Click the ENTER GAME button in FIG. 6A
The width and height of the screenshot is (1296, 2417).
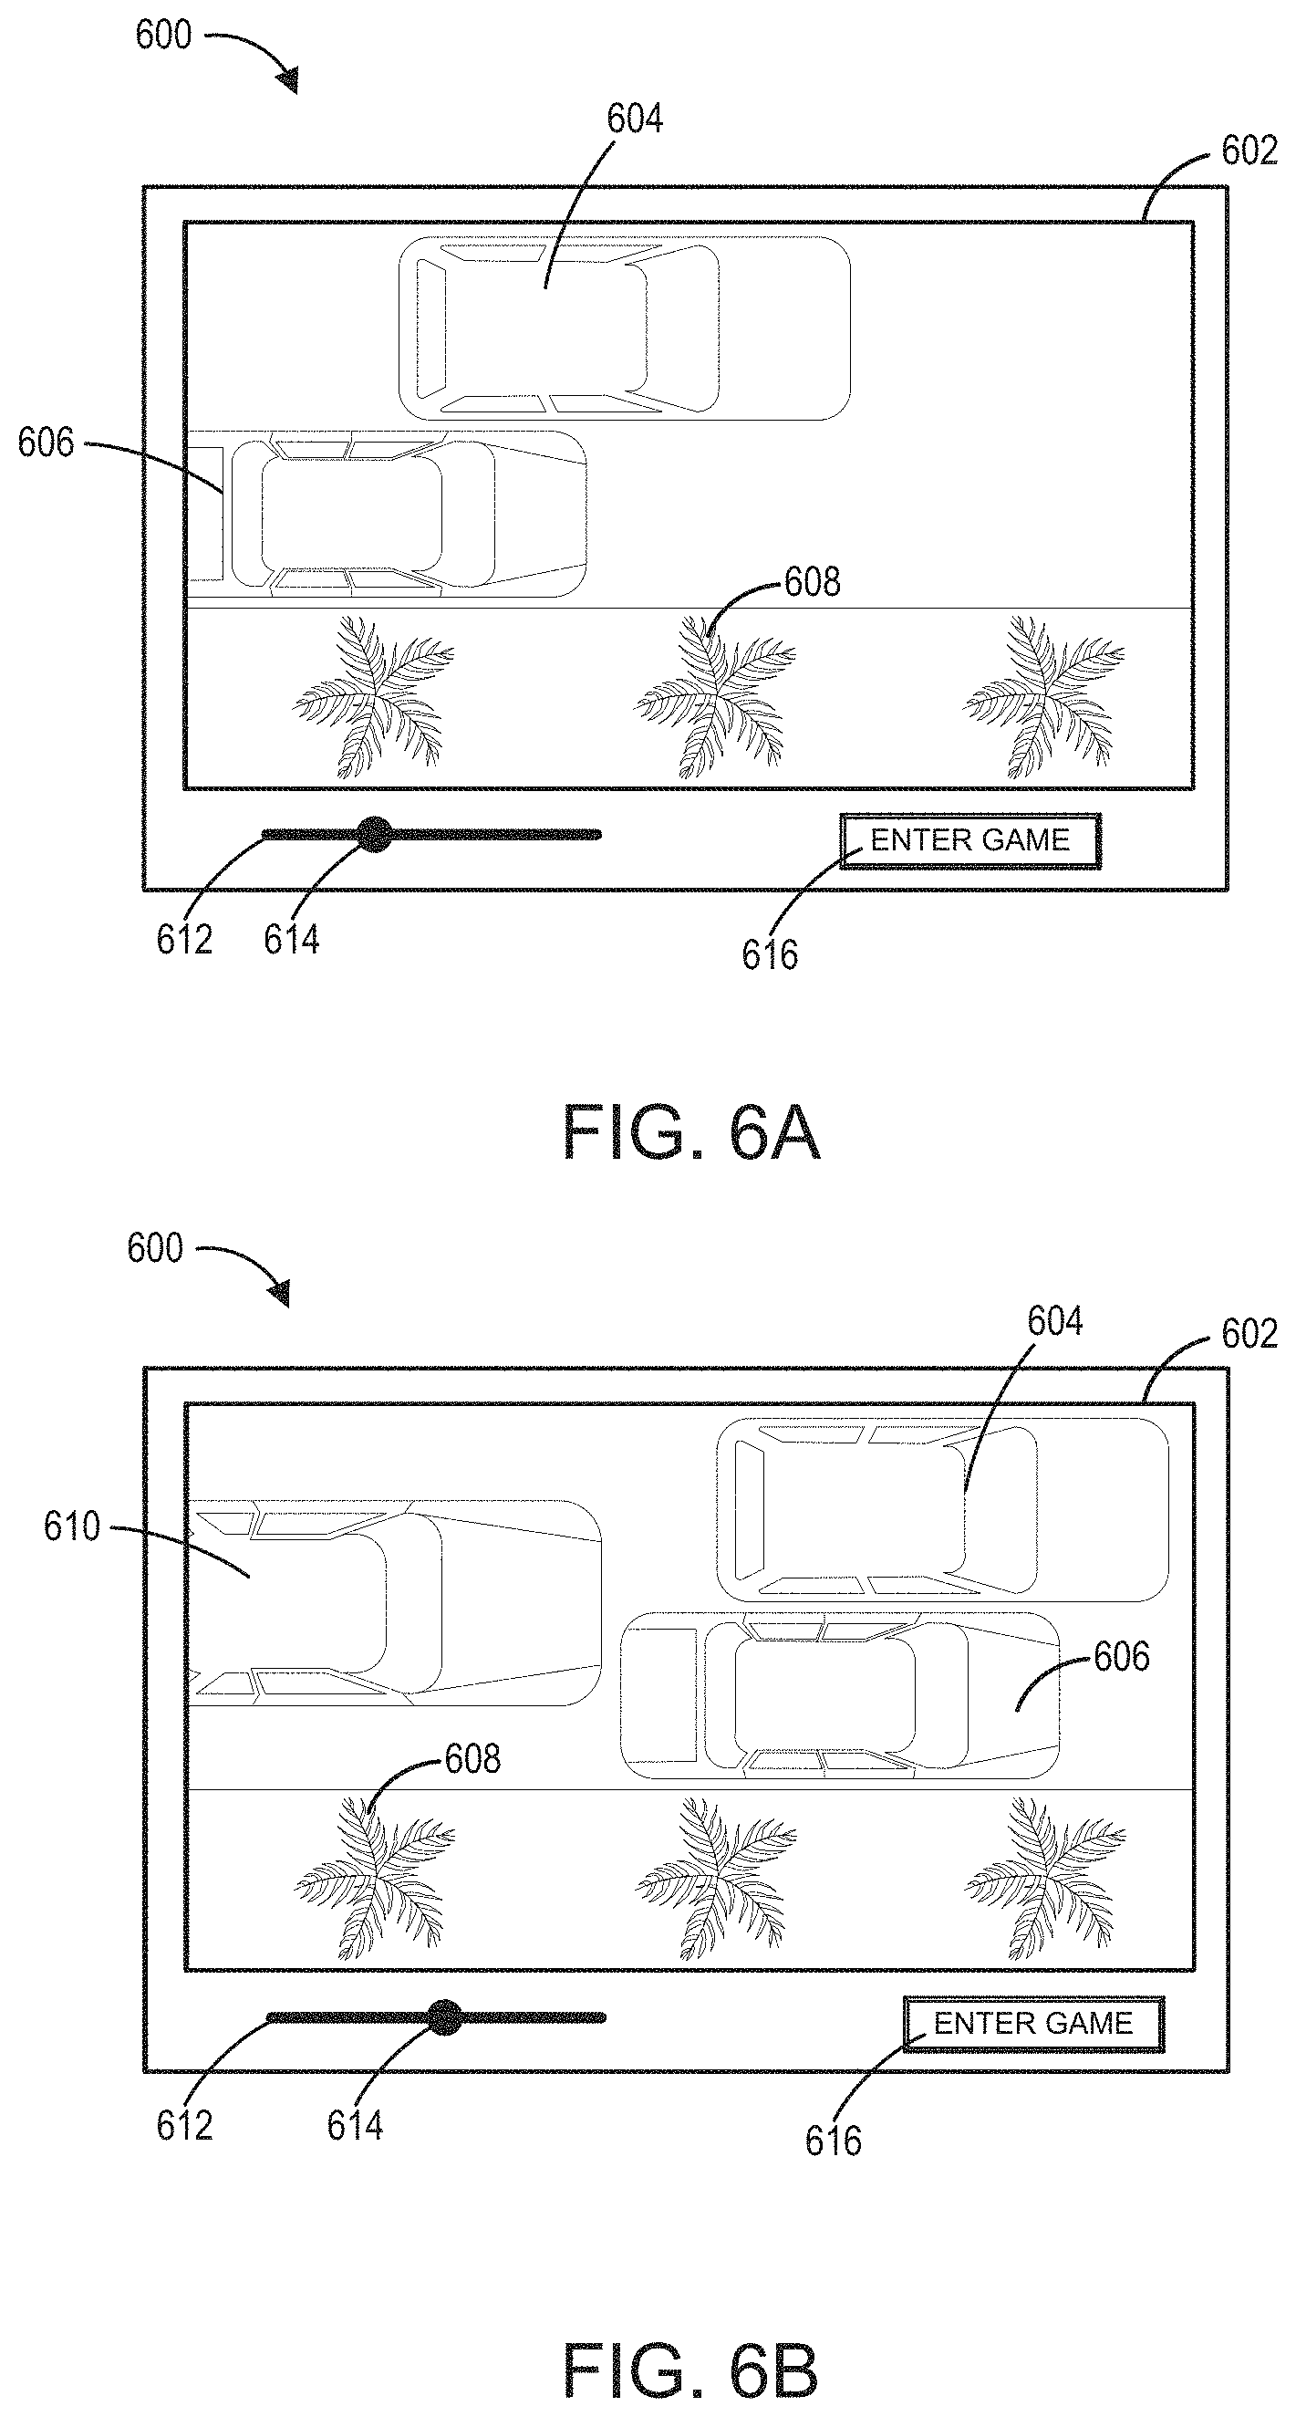pyautogui.click(x=969, y=840)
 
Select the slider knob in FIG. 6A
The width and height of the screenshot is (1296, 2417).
pyautogui.click(x=375, y=834)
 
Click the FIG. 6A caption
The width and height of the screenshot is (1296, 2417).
pyautogui.click(x=691, y=1134)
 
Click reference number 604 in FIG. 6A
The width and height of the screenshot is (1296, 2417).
pyautogui.click(x=635, y=120)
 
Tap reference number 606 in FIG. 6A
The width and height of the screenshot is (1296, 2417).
pyautogui.click(x=45, y=443)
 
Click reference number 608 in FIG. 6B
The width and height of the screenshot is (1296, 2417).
pyautogui.click(x=472, y=1759)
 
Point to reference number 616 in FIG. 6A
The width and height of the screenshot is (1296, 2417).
pyautogui.click(x=770, y=955)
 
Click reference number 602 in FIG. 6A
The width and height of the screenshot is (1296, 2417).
pyautogui.click(x=1249, y=151)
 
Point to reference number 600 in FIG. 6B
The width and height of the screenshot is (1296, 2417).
pyautogui.click(x=156, y=1249)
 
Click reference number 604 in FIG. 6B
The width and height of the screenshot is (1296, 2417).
pyautogui.click(x=1055, y=1322)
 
